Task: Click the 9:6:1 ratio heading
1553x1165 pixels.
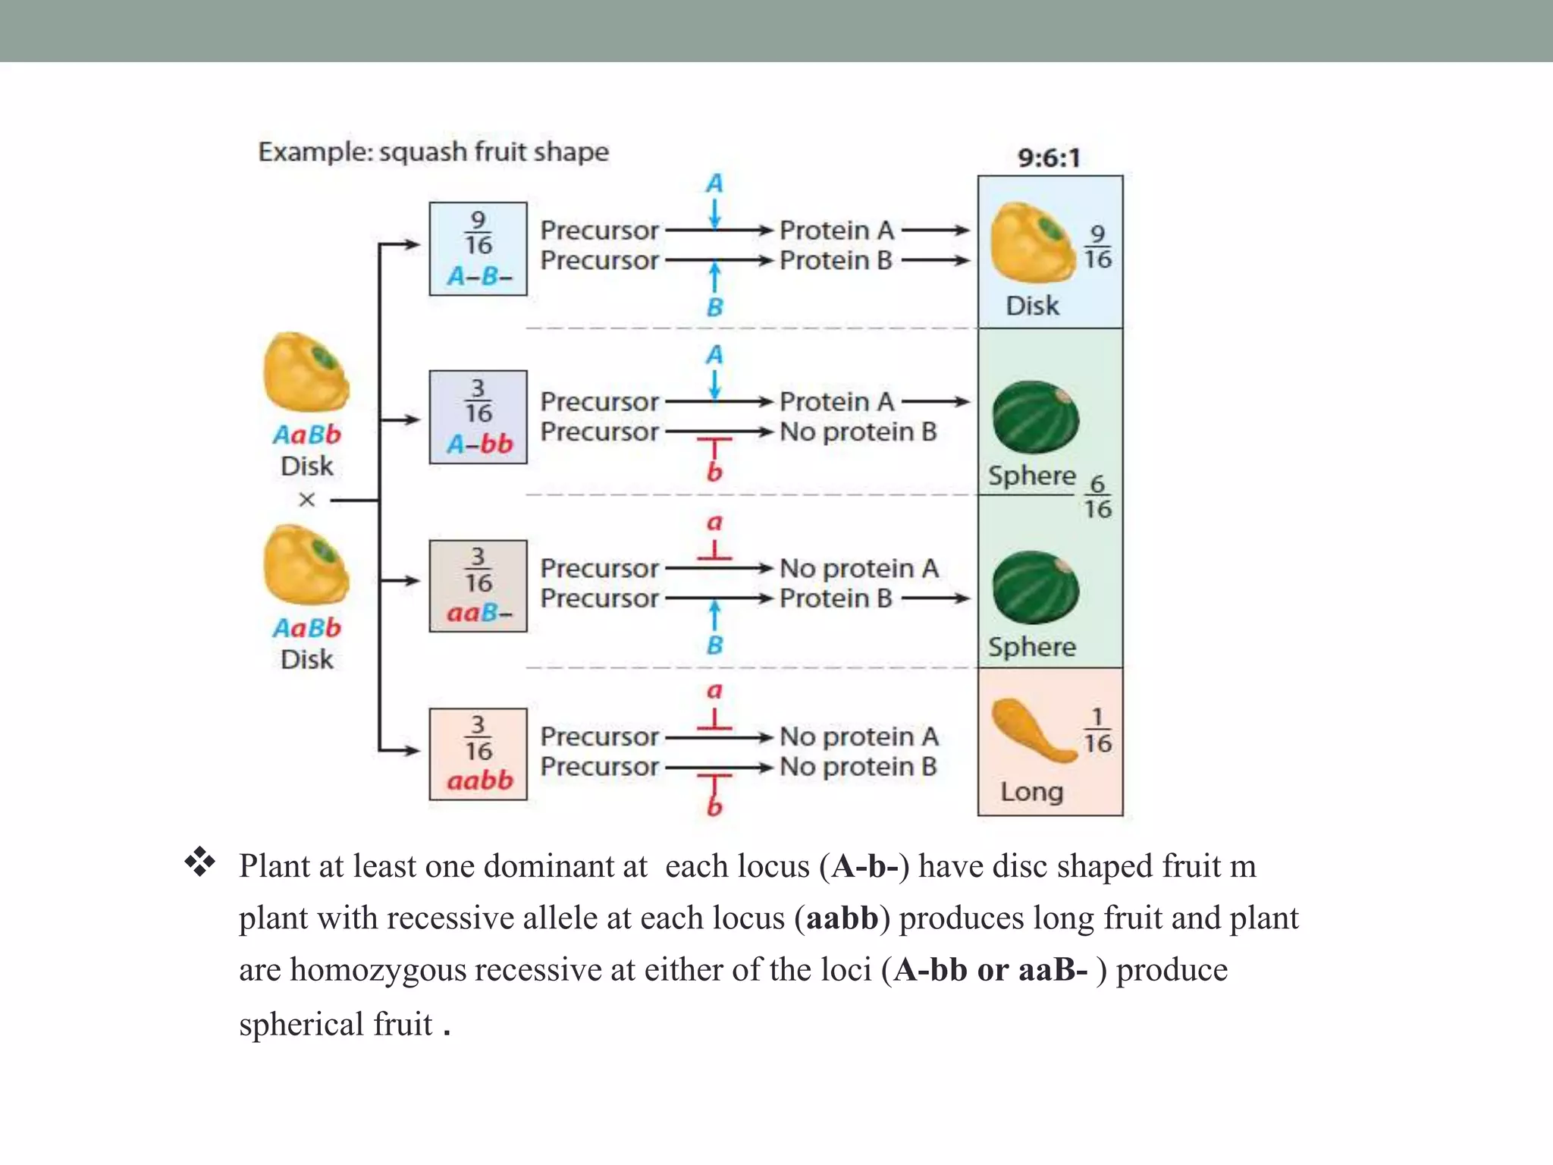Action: tap(1049, 158)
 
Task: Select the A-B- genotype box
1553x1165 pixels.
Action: tap(478, 249)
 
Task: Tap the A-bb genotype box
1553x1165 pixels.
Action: tap(478, 417)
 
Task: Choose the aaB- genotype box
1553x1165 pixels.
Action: tap(478, 586)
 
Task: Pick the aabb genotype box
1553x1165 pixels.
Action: tap(478, 754)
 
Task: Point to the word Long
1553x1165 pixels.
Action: tap(1031, 792)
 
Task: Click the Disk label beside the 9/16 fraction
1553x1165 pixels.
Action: tap(1032, 306)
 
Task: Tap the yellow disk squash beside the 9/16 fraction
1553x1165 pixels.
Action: tap(1031, 243)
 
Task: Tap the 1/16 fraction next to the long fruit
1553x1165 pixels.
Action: tap(1097, 731)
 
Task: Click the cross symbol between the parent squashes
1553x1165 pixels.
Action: tap(306, 500)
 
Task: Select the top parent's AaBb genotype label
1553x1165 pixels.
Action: tap(306, 435)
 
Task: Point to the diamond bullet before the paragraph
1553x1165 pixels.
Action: tap(199, 862)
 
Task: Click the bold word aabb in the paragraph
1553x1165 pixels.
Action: tap(842, 918)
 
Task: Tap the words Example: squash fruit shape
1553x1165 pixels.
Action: tap(433, 152)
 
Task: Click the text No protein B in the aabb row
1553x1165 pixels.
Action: tap(858, 767)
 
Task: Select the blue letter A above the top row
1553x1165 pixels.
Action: tap(714, 184)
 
